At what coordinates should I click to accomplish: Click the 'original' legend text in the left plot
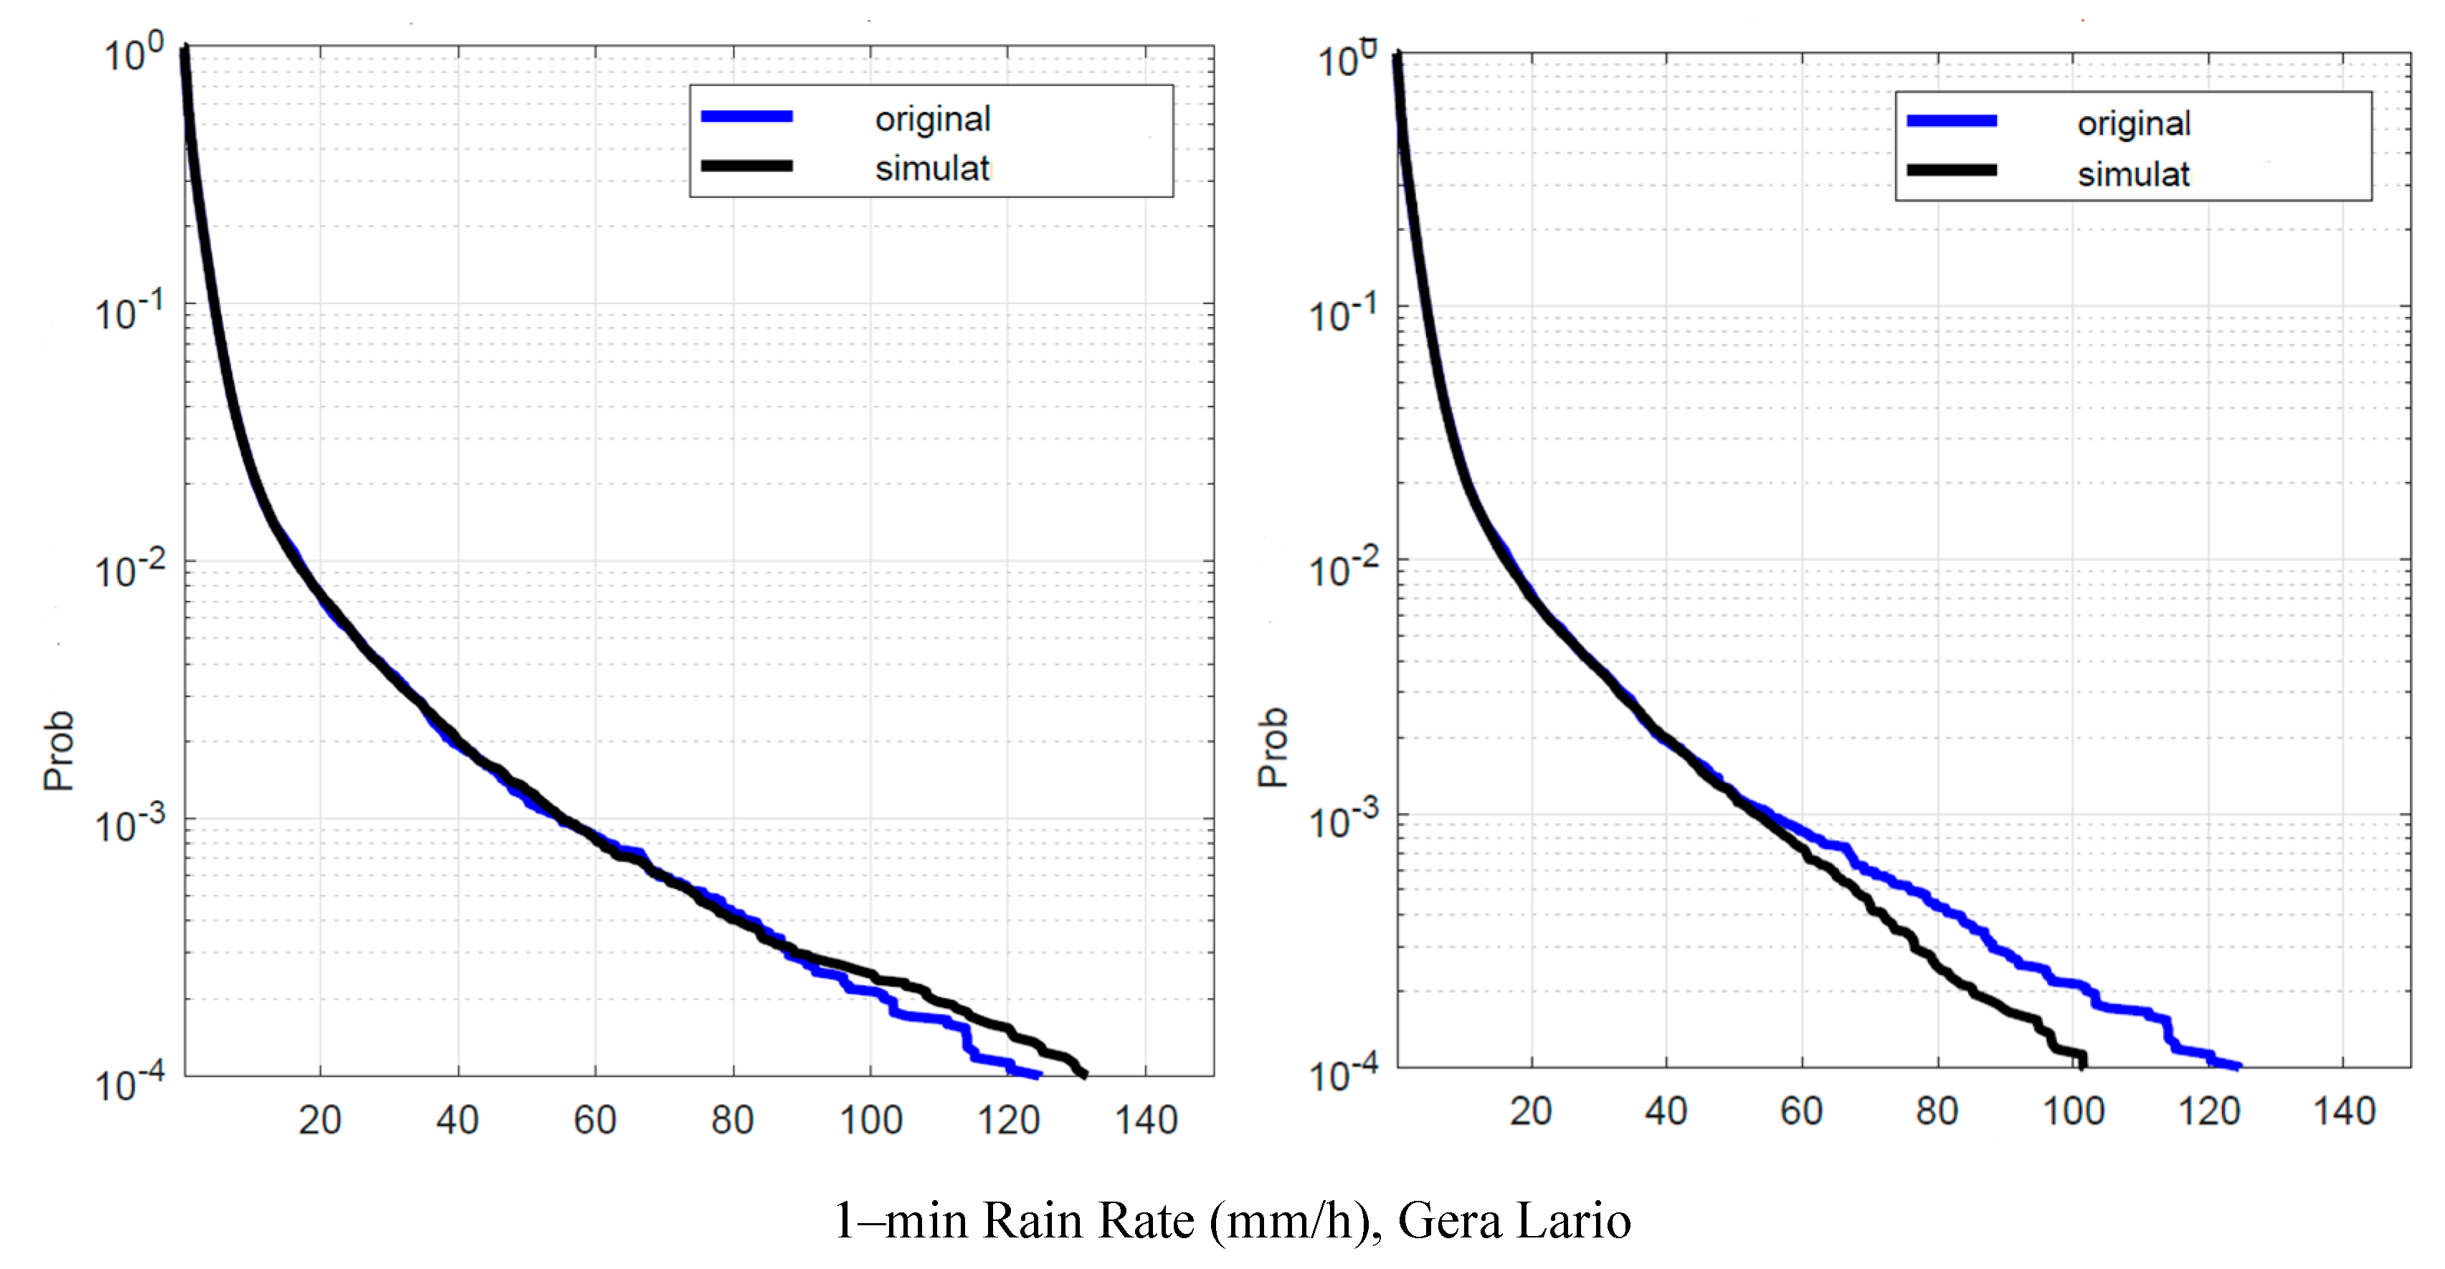pyautogui.click(x=932, y=120)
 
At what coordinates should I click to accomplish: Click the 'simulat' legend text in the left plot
pyautogui.click(x=932, y=169)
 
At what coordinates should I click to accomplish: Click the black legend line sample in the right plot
pyautogui.click(x=1952, y=171)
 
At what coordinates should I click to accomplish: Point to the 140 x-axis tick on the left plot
pyautogui.click(x=1146, y=1121)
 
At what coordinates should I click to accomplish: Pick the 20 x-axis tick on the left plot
pyautogui.click(x=320, y=1121)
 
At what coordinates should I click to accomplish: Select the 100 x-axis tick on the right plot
pyautogui.click(x=2073, y=1111)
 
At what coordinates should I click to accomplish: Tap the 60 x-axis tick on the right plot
pyautogui.click(x=1801, y=1111)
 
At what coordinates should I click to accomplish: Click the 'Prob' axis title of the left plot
pyautogui.click(x=59, y=750)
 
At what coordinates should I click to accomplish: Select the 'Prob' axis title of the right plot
pyautogui.click(x=1273, y=747)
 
